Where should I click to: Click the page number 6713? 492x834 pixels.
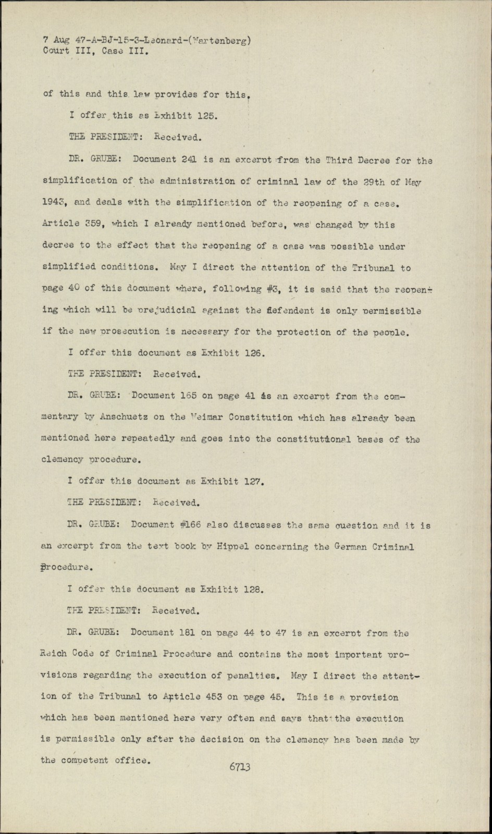click(240, 767)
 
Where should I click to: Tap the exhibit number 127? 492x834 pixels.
click(255, 482)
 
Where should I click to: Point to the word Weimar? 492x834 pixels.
click(202, 418)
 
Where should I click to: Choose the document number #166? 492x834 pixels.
click(185, 525)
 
